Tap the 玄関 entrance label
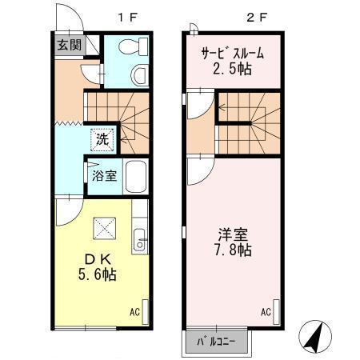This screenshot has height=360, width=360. click(67, 45)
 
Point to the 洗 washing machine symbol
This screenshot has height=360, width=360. click(102, 137)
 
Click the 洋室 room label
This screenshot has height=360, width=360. click(234, 234)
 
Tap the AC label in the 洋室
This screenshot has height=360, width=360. click(266, 312)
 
